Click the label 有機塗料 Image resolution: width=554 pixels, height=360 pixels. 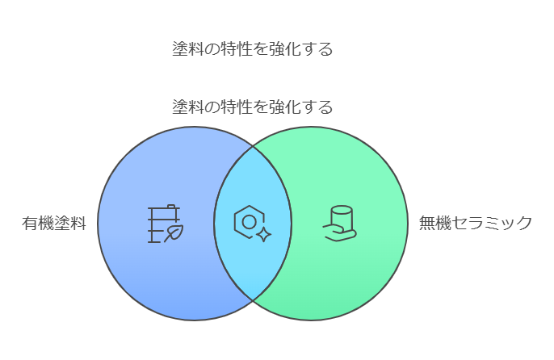54,224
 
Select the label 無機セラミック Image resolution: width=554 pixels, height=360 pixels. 475,224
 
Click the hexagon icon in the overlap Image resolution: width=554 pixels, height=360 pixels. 249,222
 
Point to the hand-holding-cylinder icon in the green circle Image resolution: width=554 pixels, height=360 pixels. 339,224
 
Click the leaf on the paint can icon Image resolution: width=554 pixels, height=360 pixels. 174,232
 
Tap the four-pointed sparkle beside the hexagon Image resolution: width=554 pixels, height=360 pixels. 263,235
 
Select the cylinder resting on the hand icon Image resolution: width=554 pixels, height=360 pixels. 342,218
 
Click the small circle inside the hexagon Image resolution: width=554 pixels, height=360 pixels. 249,222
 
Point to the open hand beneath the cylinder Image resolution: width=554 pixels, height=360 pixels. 339,233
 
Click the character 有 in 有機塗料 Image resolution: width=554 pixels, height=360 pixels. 30,224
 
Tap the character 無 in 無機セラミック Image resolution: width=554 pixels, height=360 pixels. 427,224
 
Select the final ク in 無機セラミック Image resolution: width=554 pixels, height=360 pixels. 524,224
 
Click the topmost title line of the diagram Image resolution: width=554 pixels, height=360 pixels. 252,48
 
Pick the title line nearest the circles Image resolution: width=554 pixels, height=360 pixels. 252,107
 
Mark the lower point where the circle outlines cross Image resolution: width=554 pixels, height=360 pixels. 253,300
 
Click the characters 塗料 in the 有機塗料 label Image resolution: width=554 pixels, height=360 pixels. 70,224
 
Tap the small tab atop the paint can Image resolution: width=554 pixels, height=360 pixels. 170,206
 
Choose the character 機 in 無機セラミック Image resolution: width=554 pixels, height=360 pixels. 443,224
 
